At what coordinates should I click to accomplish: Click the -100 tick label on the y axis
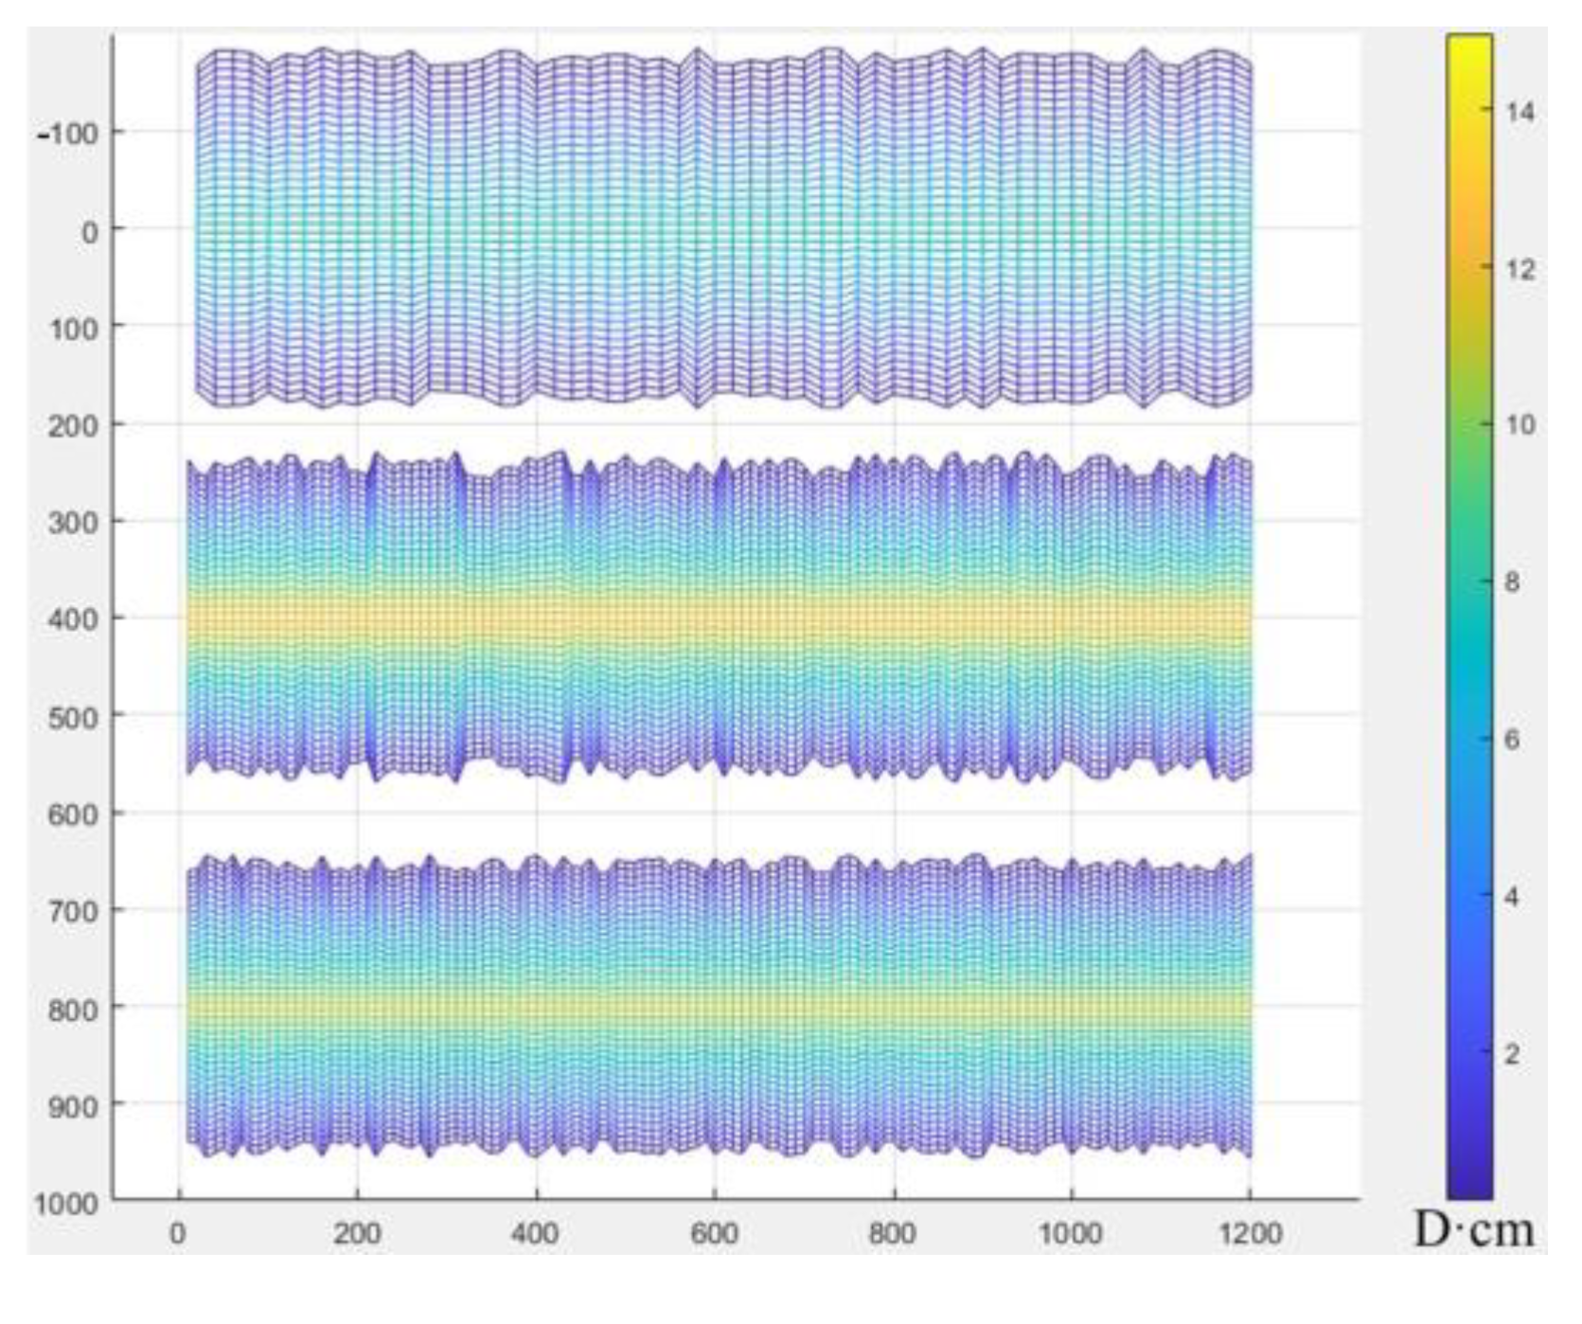[69, 134]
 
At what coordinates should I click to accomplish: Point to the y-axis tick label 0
[90, 232]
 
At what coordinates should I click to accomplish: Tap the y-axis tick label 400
[72, 619]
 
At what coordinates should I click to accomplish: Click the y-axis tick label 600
[72, 814]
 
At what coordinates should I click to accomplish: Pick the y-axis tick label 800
[72, 1009]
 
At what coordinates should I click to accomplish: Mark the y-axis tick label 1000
[66, 1205]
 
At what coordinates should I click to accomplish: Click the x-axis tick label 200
[357, 1234]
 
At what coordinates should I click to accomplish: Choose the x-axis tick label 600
[714, 1234]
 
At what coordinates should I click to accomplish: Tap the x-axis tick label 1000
[1071, 1234]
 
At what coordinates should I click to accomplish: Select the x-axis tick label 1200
[1250, 1234]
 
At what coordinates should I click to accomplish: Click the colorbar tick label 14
[1520, 112]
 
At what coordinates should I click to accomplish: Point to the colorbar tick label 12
[1520, 270]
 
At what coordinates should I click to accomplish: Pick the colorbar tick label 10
[1520, 425]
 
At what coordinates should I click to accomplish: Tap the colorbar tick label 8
[1512, 582]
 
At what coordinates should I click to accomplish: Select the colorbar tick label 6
[1512, 740]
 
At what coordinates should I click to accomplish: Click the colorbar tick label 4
[1512, 896]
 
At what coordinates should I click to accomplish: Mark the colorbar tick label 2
[1512, 1053]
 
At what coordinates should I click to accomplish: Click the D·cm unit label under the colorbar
[1473, 1230]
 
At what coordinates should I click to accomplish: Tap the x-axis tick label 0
[178, 1234]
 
